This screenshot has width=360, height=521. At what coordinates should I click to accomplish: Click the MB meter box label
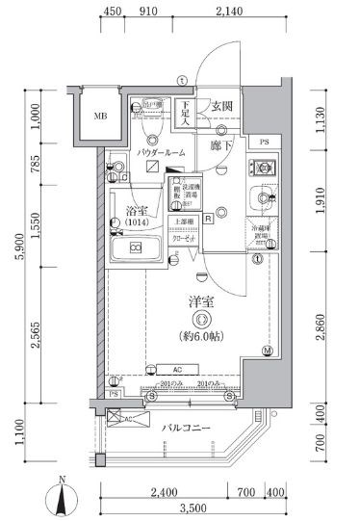coord(99,118)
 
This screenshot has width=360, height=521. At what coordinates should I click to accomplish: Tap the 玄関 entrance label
coord(222,106)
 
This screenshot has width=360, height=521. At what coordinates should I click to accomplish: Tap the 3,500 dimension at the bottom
coord(194,508)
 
